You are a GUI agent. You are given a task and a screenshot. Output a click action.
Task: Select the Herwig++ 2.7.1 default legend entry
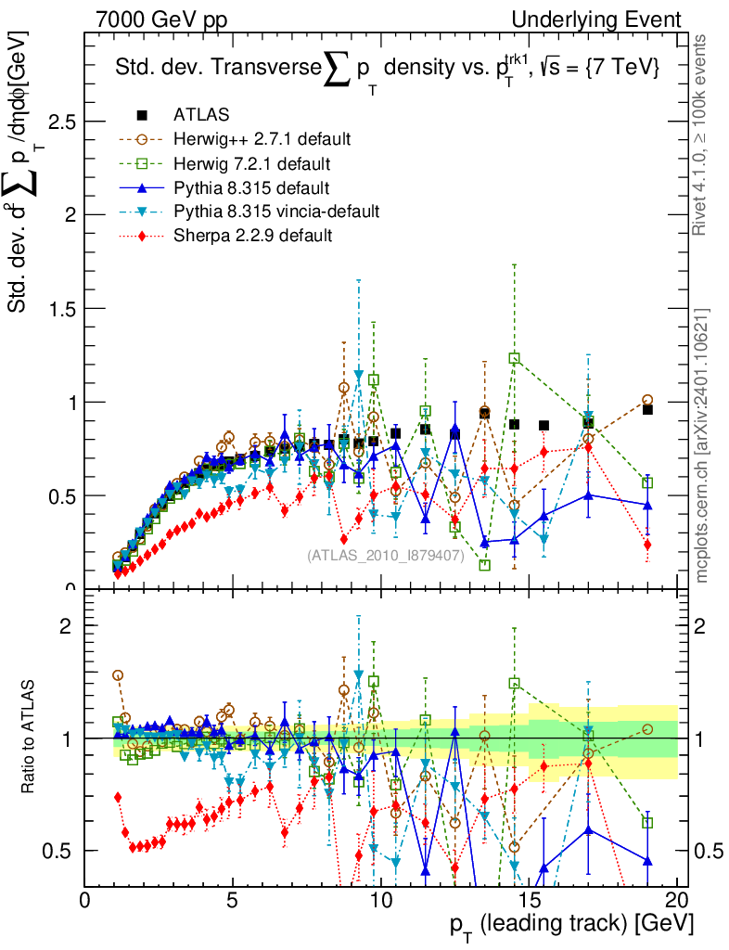(262, 139)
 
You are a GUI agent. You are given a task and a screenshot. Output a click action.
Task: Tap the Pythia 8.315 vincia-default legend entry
(275, 212)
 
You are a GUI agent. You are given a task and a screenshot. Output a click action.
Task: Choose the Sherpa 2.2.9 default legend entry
(252, 236)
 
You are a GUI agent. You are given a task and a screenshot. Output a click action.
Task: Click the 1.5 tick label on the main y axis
(61, 309)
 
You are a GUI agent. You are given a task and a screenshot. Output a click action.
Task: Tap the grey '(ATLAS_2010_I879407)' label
(385, 556)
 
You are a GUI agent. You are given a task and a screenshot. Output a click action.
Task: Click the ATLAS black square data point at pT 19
(648, 409)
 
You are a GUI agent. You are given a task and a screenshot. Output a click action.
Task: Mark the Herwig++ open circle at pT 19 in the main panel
(647, 400)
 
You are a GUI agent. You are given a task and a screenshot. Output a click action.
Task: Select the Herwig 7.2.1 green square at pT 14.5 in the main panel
(515, 358)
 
